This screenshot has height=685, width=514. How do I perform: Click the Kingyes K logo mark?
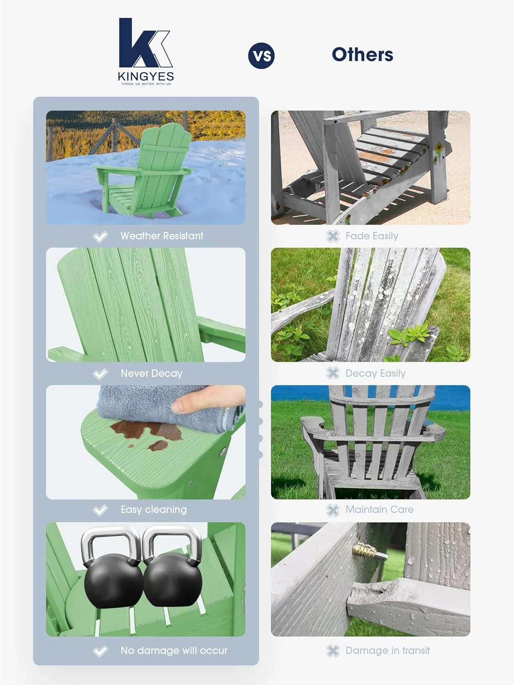(144, 43)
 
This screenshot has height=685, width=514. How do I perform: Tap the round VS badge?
(261, 56)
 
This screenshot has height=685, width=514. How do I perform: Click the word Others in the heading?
(362, 55)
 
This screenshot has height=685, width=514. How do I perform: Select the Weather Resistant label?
(162, 236)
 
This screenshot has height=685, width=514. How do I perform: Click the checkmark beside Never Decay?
(100, 374)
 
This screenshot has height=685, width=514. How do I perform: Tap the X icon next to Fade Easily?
(333, 236)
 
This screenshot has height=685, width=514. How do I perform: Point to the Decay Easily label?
(375, 374)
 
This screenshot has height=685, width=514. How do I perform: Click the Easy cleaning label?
(154, 510)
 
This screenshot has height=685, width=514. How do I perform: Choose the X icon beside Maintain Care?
(333, 510)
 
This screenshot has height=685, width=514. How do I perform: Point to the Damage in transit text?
(387, 651)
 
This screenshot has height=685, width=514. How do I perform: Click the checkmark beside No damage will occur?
(100, 651)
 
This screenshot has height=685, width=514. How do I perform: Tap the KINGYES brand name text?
(146, 76)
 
